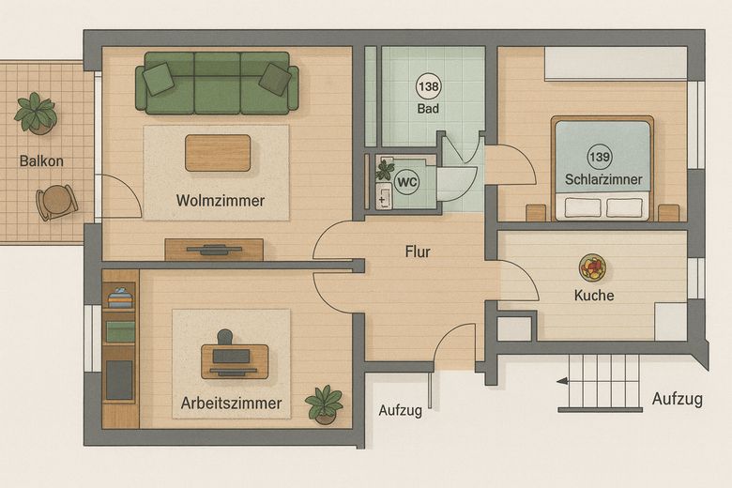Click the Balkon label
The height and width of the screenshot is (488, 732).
[x=41, y=161]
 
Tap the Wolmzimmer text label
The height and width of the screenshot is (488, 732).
[x=221, y=201]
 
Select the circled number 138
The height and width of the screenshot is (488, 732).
[x=428, y=86]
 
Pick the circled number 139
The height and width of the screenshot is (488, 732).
[x=600, y=157]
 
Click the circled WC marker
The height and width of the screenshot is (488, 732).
[x=406, y=182]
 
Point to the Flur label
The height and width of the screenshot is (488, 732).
[x=418, y=252]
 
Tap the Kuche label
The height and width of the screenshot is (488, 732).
[x=594, y=295]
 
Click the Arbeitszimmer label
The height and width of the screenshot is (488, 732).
[x=231, y=403]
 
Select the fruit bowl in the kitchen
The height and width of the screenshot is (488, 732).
[x=593, y=267]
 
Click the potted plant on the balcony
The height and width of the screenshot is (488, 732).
[x=36, y=114]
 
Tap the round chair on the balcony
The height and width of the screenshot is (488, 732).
[x=57, y=202]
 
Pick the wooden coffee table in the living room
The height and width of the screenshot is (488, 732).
[x=218, y=153]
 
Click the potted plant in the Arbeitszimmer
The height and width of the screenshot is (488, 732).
[x=324, y=404]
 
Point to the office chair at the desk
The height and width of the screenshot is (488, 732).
[x=225, y=337]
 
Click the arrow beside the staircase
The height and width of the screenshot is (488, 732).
[x=562, y=382]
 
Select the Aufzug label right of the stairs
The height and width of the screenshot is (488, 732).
[x=678, y=399]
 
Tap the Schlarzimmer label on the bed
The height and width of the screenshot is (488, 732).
[x=603, y=179]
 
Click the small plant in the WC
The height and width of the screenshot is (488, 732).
[x=385, y=170]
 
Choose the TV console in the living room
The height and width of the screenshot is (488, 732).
[x=214, y=250]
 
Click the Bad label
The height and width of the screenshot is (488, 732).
[x=428, y=109]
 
